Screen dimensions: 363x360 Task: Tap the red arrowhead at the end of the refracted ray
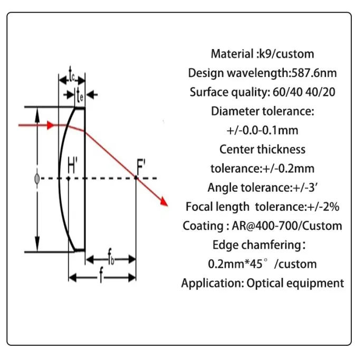[164, 202]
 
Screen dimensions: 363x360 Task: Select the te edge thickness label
[80, 95]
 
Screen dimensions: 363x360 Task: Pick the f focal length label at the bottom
[100, 278]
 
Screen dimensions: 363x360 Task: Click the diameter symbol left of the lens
[36, 179]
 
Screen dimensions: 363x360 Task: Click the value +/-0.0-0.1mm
[262, 130]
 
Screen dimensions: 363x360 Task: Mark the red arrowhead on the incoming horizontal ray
[50, 125]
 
